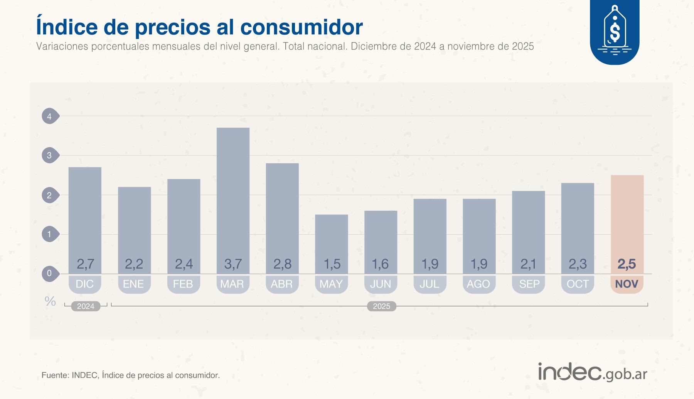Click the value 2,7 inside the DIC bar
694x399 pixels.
[85, 264]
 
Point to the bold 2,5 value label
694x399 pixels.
[627, 264]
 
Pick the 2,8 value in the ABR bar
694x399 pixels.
[282, 264]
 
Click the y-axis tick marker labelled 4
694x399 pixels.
[50, 116]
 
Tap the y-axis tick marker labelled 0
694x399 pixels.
[50, 274]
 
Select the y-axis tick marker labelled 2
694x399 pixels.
[50, 195]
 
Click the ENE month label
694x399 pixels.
[133, 284]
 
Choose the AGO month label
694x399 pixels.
[478, 284]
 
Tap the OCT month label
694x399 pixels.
[577, 284]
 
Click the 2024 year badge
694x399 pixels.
[86, 306]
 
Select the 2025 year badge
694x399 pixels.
[381, 306]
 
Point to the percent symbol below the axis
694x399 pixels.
[50, 301]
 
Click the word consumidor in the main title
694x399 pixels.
[301, 27]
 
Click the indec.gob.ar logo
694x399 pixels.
[593, 372]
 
